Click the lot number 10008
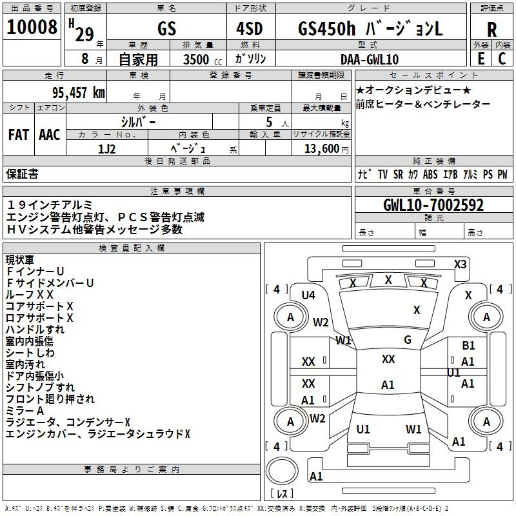coord(32,27)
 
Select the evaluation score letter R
coord(491,28)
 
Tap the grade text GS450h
coord(324,28)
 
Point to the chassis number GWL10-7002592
coord(433,205)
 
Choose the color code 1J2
coord(106,148)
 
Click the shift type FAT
coord(18,134)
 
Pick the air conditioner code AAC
coord(50,134)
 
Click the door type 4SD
coord(250,28)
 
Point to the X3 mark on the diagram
coord(461,264)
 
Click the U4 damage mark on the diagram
coord(308,295)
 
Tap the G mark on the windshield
coord(408,340)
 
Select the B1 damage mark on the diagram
coord(468,346)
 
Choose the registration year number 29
coord(84,34)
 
